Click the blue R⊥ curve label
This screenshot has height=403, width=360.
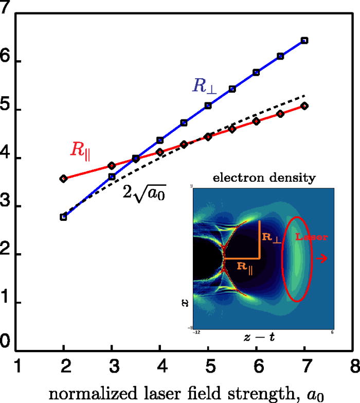coord(205,86)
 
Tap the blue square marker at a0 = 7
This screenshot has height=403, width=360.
coord(304,40)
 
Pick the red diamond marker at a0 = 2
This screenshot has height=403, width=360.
coord(63,179)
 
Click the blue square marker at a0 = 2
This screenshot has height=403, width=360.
coord(63,217)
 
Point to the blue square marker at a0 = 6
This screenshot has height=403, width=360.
coord(256,73)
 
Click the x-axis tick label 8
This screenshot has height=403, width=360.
coord(353,367)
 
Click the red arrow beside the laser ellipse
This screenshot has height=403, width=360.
coord(322,259)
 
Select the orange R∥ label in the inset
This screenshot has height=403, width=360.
coord(246,266)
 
